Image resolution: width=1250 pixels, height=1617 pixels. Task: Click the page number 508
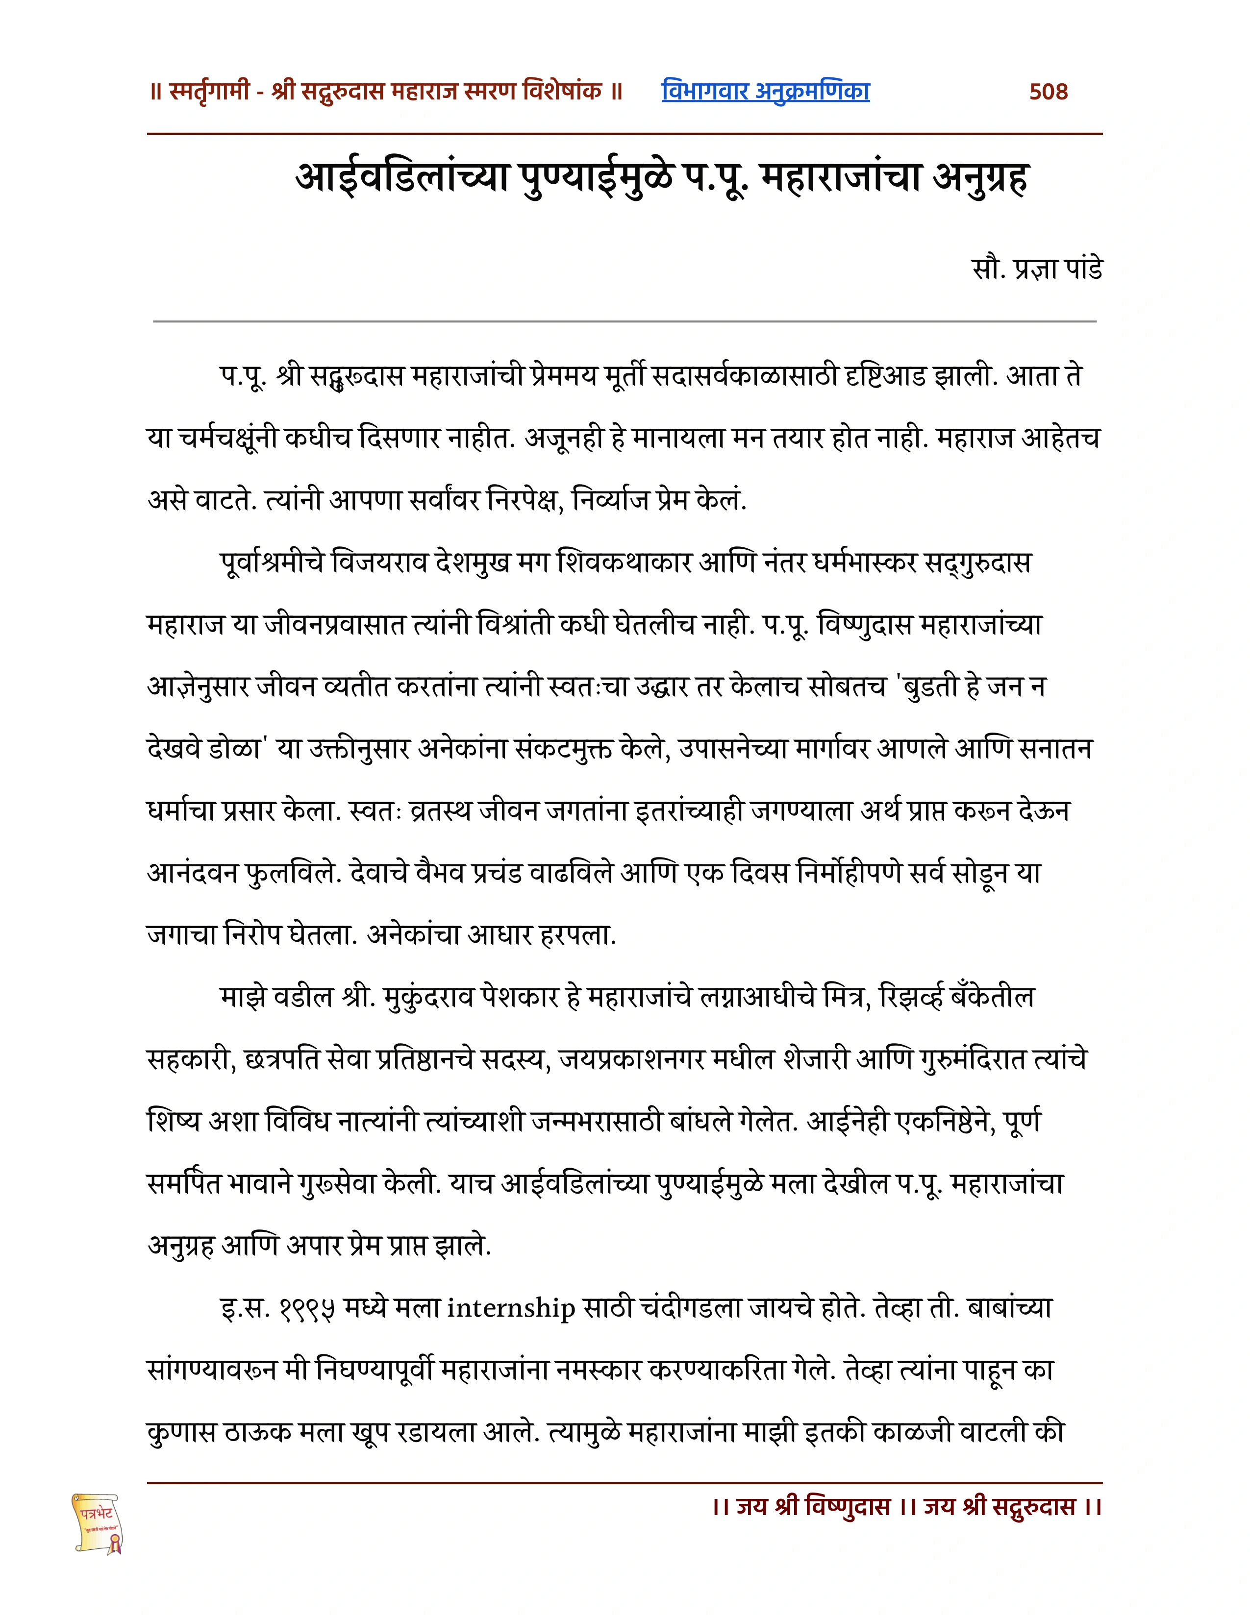1048,92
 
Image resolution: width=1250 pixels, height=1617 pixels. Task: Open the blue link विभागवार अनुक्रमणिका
765,91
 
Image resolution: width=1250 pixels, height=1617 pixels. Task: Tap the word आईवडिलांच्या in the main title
402,178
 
